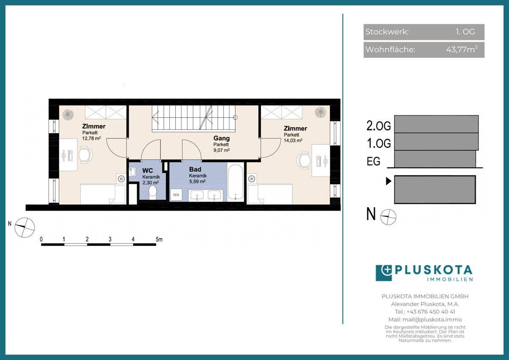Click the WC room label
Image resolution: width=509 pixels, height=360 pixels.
point(148,170)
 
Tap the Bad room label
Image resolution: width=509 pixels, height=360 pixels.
point(195,169)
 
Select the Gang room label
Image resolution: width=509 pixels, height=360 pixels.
point(221,138)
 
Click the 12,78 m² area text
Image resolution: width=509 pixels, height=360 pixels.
point(91,138)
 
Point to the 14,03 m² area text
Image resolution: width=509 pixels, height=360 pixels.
point(293,141)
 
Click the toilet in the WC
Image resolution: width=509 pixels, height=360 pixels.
point(152,193)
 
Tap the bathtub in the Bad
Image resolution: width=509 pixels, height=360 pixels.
point(235,182)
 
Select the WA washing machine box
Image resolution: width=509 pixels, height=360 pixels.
point(176,195)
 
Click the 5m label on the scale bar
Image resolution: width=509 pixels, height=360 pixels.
point(159,239)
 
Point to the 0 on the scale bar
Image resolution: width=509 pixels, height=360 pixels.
point(41,239)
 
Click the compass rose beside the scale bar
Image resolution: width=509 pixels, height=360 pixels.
point(25,228)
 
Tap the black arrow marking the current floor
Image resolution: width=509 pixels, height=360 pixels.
point(389,181)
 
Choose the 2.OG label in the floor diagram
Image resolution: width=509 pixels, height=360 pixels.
point(378,126)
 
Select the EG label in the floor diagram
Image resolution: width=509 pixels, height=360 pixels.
point(373,161)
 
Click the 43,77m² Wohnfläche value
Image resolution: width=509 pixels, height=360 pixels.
point(462,49)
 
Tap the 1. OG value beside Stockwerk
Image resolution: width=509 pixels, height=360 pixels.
point(465,31)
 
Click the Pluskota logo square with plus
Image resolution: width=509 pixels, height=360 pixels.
point(384,273)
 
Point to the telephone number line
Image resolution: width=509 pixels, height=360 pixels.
point(425,312)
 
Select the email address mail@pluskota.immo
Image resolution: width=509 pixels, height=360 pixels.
point(432,320)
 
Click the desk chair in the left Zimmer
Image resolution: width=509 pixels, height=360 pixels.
point(86,155)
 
